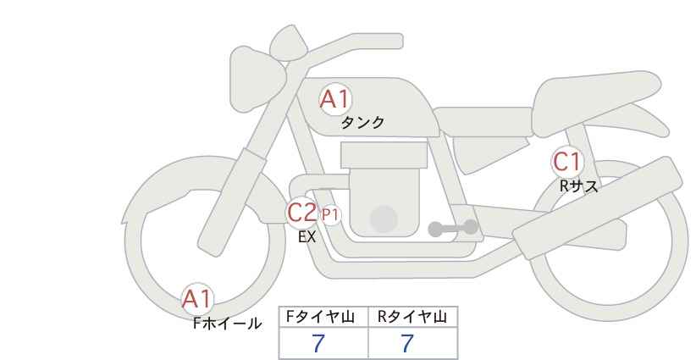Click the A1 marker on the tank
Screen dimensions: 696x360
tap(335, 99)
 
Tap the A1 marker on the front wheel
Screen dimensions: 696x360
tap(197, 299)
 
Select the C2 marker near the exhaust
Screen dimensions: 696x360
tap(301, 212)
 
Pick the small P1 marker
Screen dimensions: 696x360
tap(330, 215)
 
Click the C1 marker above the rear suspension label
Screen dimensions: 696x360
tap(566, 162)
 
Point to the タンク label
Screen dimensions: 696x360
tap(362, 123)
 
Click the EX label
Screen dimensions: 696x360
tap(307, 237)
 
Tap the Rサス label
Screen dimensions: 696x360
tap(578, 186)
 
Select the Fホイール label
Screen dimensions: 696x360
tap(227, 324)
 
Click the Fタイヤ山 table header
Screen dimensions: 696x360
tap(320, 317)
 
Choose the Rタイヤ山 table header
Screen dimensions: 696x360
tap(412, 317)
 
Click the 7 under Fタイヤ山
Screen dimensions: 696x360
tap(318, 343)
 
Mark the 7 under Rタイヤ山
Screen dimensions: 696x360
tap(407, 343)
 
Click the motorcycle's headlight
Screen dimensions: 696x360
tap(255, 80)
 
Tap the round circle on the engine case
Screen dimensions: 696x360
tap(384, 219)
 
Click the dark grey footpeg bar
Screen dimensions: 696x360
tap(453, 228)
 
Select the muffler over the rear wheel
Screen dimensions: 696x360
tap(597, 208)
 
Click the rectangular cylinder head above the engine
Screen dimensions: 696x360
tap(384, 154)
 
